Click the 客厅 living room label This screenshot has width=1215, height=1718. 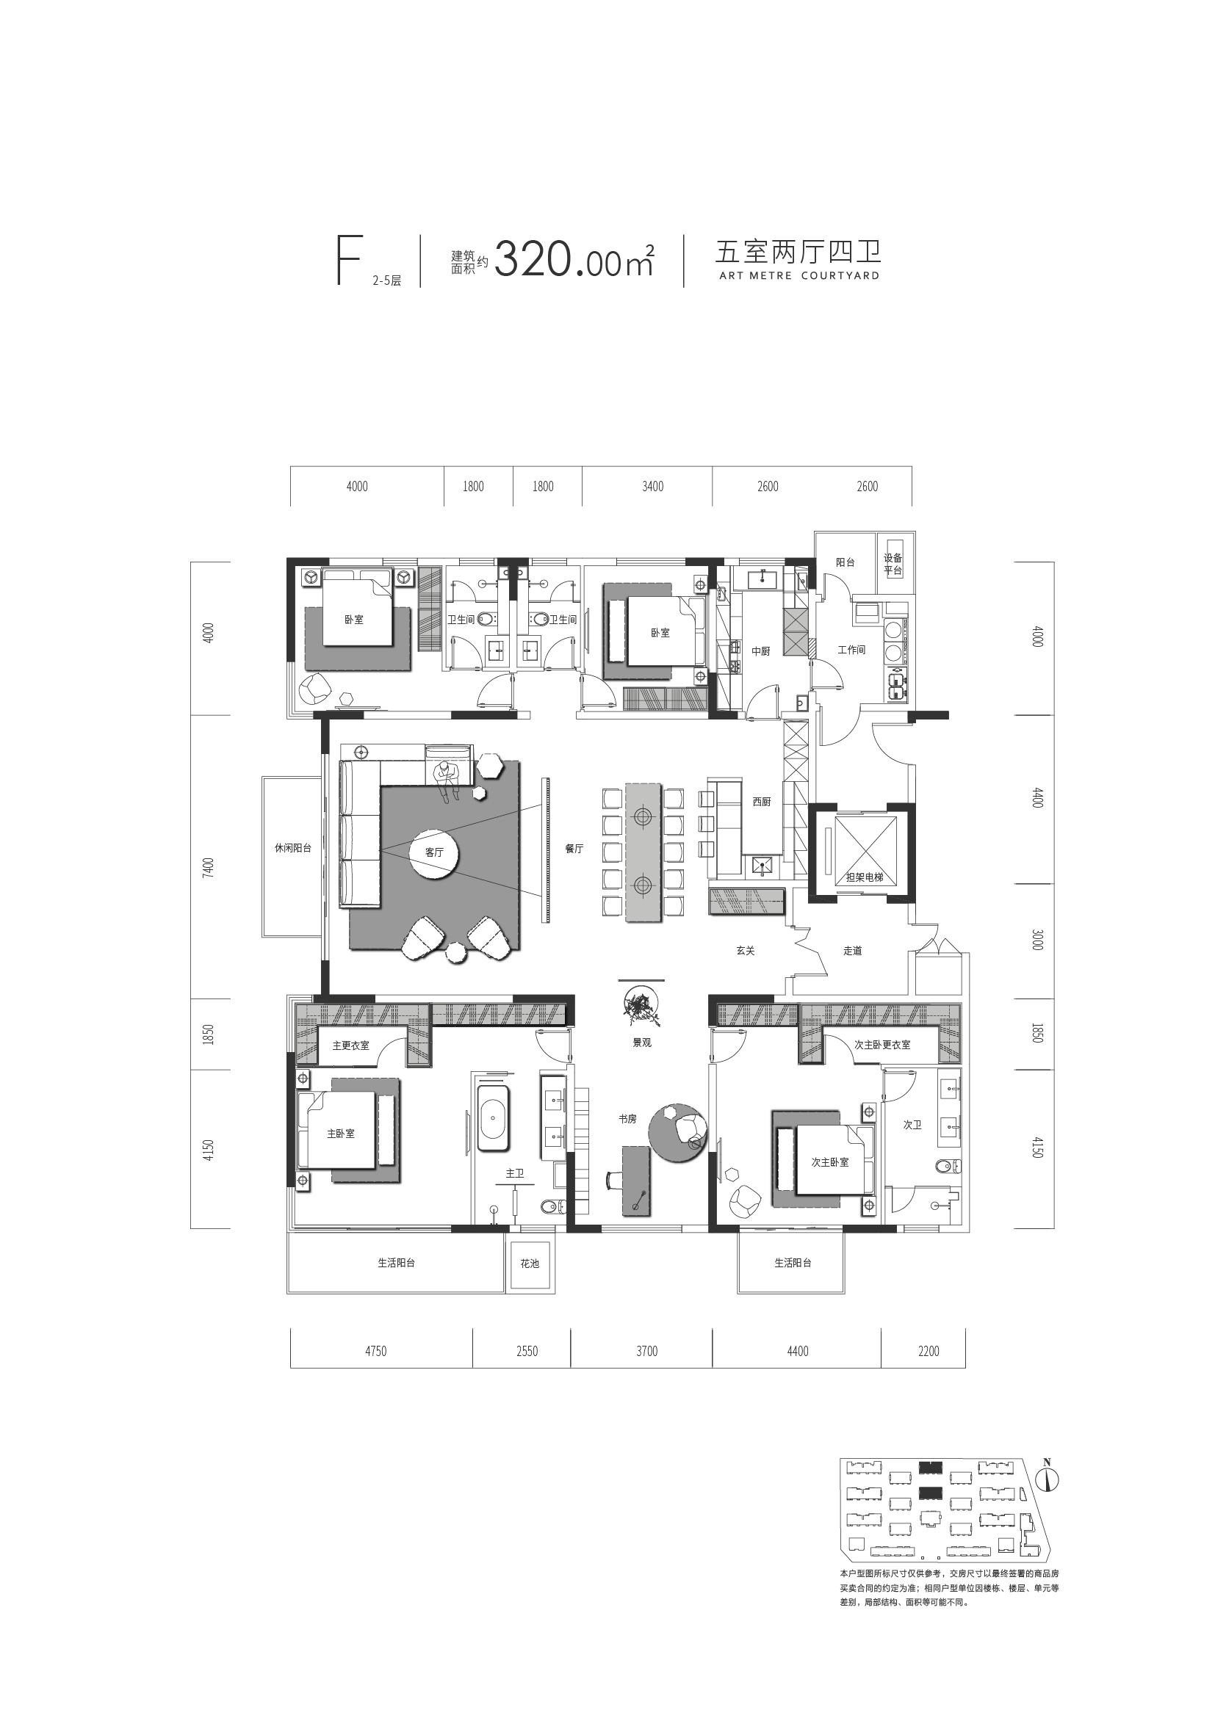click(x=434, y=852)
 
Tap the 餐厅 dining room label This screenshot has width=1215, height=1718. click(x=574, y=849)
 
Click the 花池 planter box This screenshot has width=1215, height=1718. click(x=530, y=1264)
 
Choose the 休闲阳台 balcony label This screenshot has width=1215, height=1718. click(x=292, y=849)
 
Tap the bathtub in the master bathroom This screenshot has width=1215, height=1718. click(x=494, y=1119)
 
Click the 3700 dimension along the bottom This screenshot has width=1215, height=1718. click(x=647, y=1352)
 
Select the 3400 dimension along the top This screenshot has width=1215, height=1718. click(x=653, y=486)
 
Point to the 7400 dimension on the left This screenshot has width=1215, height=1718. click(x=209, y=868)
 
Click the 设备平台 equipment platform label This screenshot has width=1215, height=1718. click(x=893, y=564)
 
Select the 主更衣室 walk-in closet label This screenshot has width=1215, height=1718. click(x=351, y=1045)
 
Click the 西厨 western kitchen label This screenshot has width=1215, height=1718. click(x=761, y=802)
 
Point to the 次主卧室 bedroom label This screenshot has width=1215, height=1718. click(x=830, y=1162)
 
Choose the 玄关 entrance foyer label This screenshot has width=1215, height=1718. click(x=745, y=951)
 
